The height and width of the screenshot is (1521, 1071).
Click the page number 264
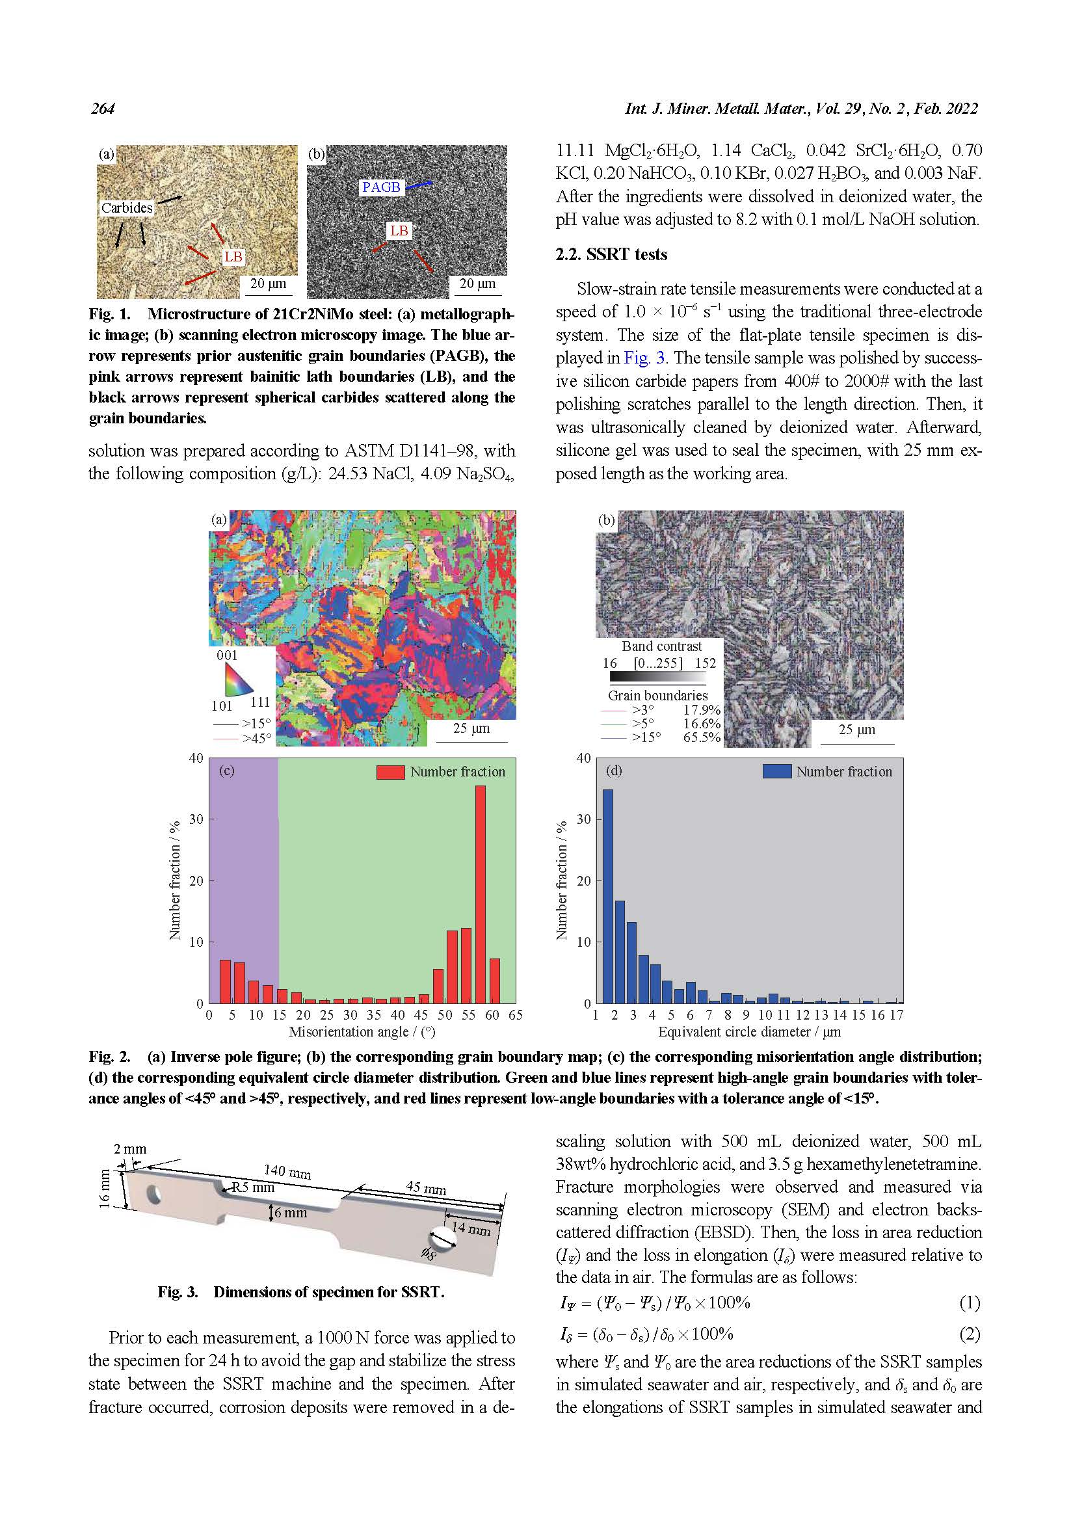(x=103, y=109)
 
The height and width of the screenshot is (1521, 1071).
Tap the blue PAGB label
(x=381, y=187)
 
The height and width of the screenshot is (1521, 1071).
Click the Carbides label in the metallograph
(x=127, y=207)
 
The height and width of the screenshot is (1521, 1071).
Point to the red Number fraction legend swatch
(x=390, y=772)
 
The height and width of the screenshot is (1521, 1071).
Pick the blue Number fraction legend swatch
(x=777, y=772)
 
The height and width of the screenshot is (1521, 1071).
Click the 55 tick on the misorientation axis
(x=468, y=1015)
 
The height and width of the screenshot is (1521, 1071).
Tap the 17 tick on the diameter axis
(x=896, y=1015)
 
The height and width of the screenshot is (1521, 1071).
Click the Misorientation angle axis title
(x=362, y=1032)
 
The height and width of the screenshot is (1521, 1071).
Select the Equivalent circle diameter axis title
(x=749, y=1032)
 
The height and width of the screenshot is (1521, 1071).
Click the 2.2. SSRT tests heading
(x=611, y=254)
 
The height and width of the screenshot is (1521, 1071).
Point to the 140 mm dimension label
(x=287, y=1172)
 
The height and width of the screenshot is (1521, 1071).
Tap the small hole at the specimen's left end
(x=154, y=1195)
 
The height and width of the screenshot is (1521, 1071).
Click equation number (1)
(x=969, y=1303)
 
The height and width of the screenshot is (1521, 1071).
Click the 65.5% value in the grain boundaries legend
(x=702, y=737)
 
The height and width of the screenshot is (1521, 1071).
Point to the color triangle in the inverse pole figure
(x=237, y=679)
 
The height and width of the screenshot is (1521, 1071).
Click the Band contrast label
(x=661, y=646)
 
